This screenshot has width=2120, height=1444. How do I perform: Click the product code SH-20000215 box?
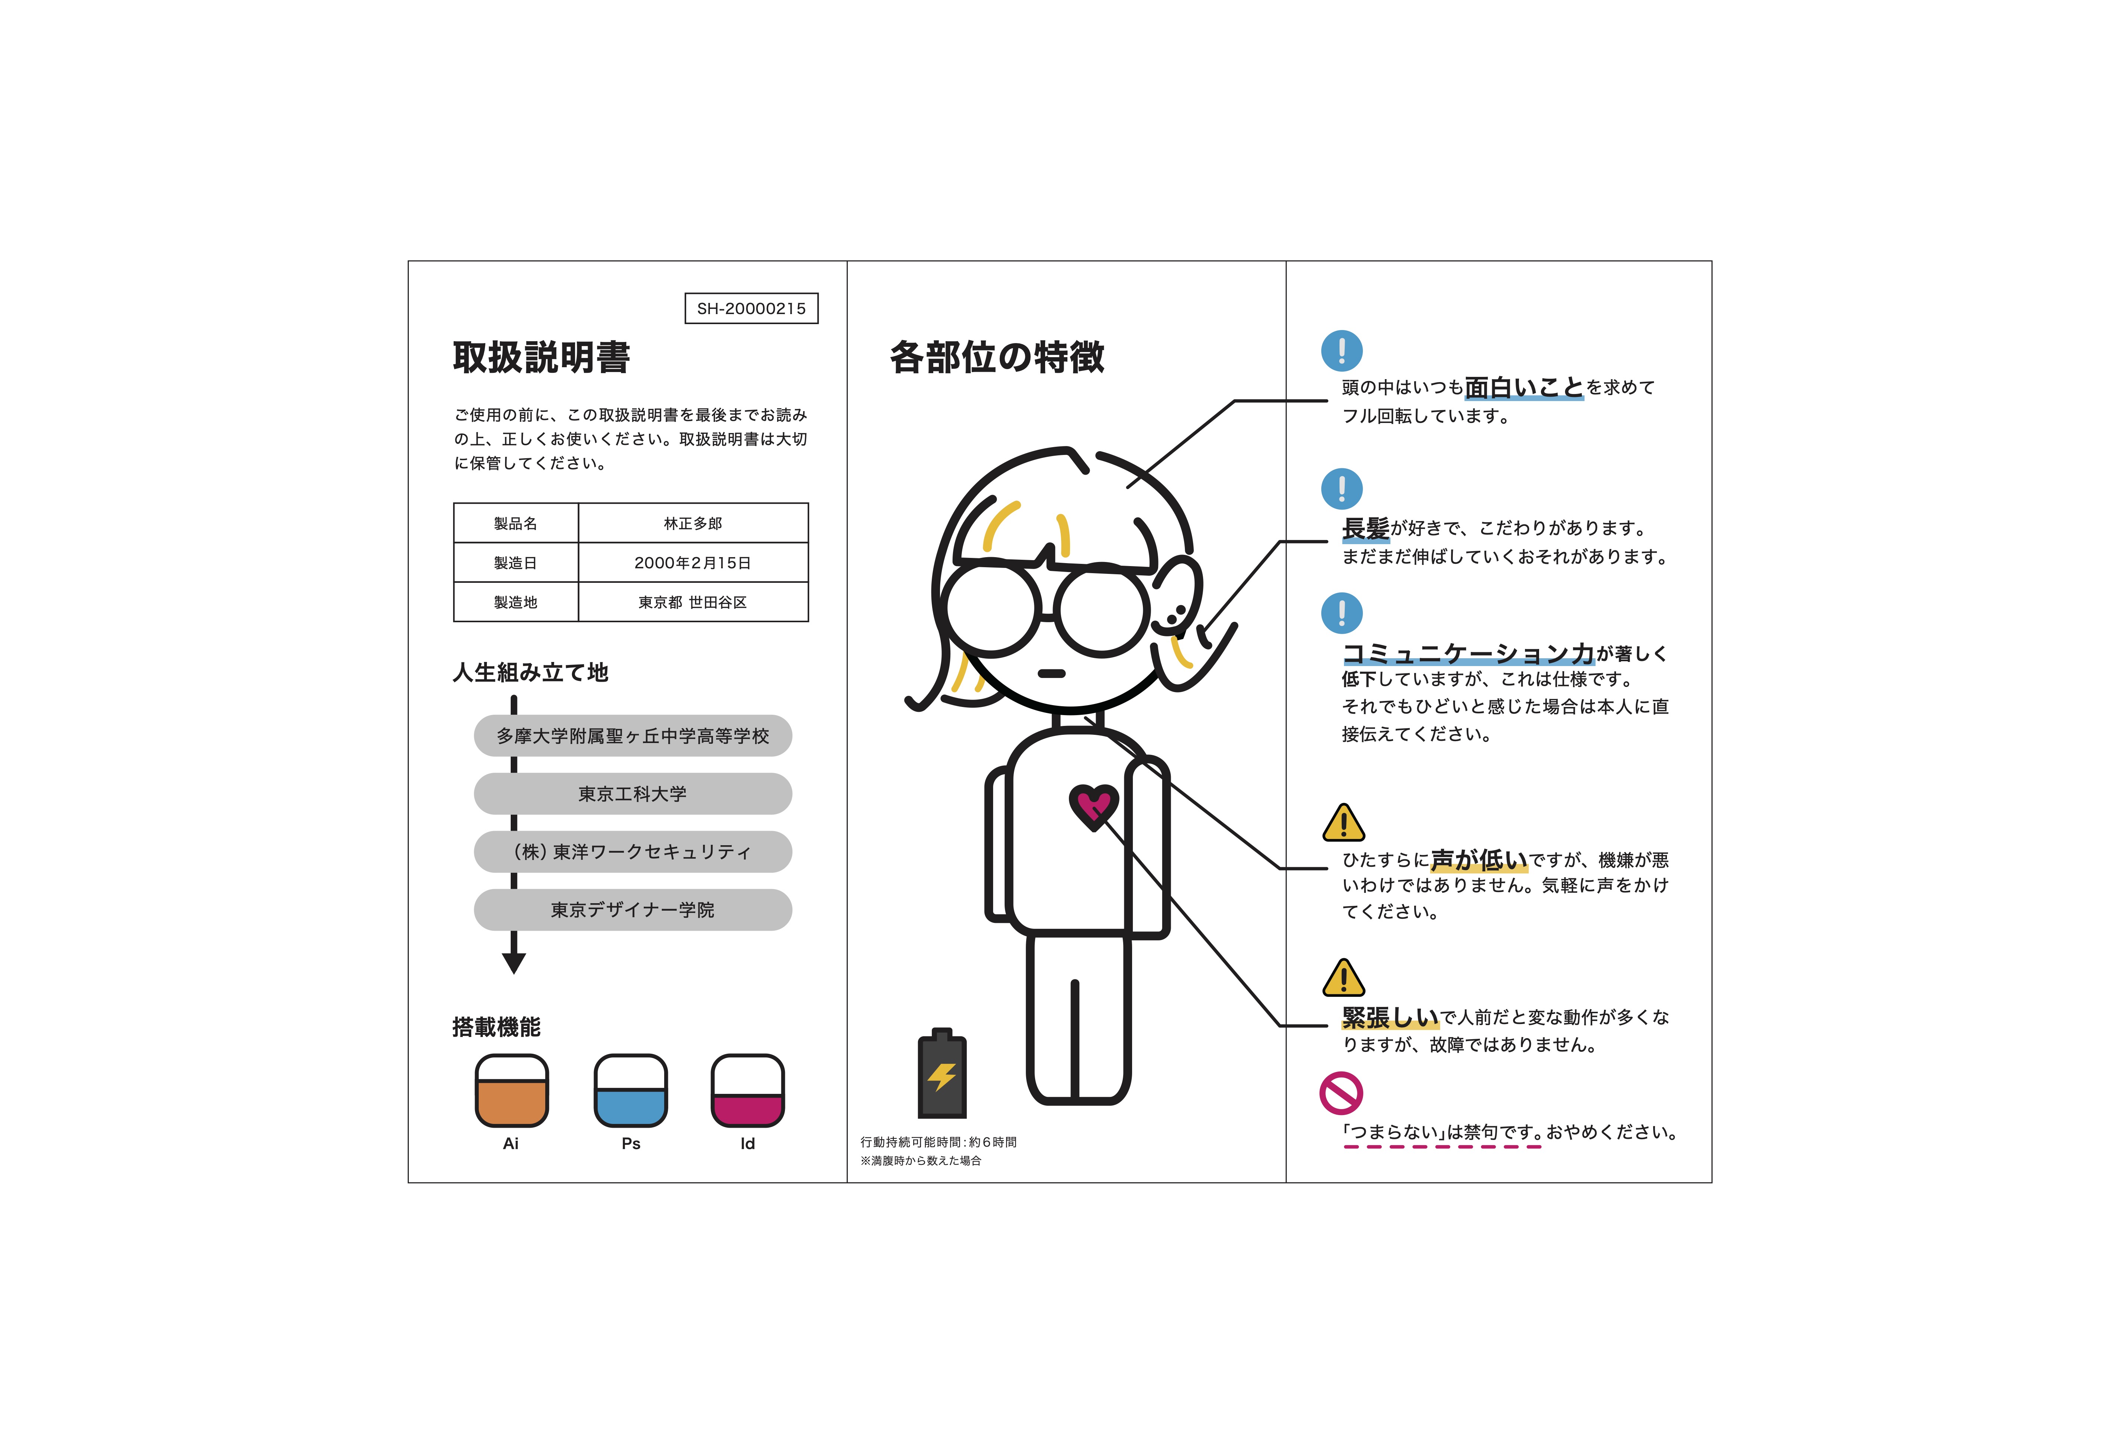tap(751, 308)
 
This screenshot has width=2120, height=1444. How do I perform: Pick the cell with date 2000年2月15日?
tap(692, 563)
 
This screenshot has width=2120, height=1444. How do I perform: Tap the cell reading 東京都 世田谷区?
tap(692, 602)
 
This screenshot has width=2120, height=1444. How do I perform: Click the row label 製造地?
tap(516, 602)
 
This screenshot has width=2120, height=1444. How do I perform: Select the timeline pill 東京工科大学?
tap(632, 794)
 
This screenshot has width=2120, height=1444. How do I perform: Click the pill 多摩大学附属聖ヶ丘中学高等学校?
tap(632, 735)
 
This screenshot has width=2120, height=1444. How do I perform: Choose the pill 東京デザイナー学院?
tap(632, 910)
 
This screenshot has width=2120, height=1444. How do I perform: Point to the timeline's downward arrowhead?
tap(514, 962)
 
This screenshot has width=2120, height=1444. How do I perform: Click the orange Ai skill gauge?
tap(512, 1091)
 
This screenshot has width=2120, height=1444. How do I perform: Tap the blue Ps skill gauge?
tap(630, 1091)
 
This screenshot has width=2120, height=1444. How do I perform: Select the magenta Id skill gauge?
tap(748, 1091)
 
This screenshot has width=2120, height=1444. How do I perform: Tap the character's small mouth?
tap(1052, 673)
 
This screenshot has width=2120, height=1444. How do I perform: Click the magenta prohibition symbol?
tap(1341, 1093)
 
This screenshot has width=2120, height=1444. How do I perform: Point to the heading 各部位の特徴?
tap(997, 357)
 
